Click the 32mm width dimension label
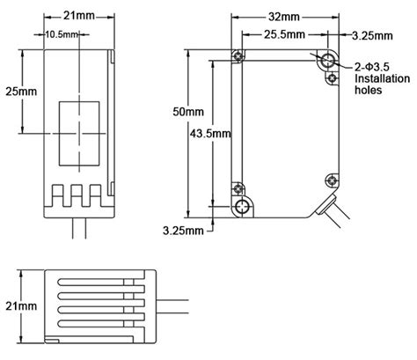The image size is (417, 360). (283, 17)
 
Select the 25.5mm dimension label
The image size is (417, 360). (284, 34)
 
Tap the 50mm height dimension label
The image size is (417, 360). (188, 112)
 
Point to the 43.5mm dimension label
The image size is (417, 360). (210, 134)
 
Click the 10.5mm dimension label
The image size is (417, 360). (62, 34)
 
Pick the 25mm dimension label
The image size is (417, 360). (21, 92)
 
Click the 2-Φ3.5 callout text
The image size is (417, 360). (372, 67)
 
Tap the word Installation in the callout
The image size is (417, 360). (382, 78)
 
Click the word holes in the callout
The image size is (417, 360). (369, 90)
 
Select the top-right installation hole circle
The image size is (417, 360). (327, 60)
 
